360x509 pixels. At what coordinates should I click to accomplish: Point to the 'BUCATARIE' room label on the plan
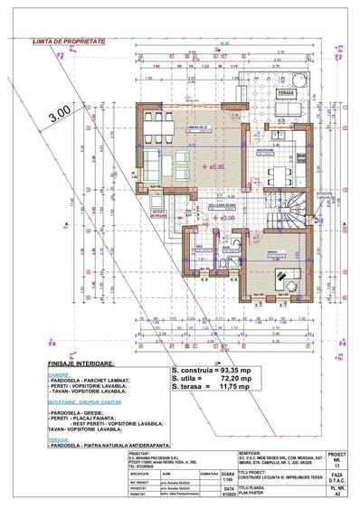276,149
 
